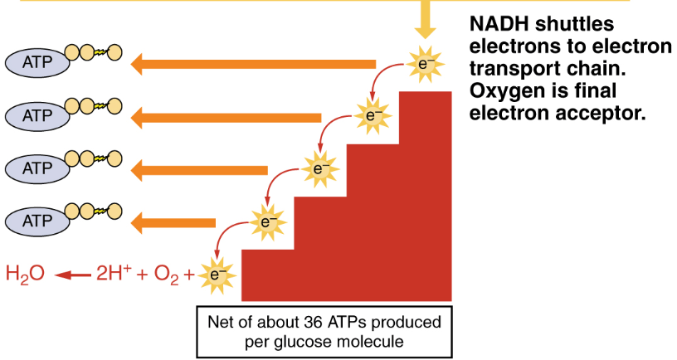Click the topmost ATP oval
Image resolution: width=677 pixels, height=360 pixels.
pyautogui.click(x=37, y=61)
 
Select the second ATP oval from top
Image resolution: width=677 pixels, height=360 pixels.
pyautogui.click(x=37, y=114)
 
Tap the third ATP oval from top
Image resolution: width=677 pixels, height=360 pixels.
pyautogui.click(x=37, y=168)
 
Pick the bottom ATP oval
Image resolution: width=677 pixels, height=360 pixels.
pyautogui.click(x=37, y=221)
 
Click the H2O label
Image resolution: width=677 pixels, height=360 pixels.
pyautogui.click(x=24, y=273)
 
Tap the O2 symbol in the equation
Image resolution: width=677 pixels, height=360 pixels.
pyautogui.click(x=167, y=274)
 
